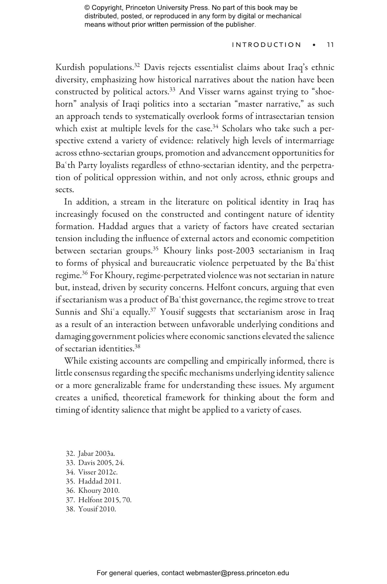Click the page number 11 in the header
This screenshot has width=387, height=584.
[x=330, y=45]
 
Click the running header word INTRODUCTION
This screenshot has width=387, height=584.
[x=267, y=45]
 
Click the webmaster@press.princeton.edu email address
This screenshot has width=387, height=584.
[x=237, y=573]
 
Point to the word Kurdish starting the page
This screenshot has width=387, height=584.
[x=70, y=68]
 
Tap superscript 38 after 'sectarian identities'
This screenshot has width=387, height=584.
[x=137, y=346]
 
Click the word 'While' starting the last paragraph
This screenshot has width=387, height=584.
[x=75, y=361]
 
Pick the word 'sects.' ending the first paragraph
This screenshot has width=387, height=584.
[x=65, y=190]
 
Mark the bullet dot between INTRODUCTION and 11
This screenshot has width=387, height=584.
[x=314, y=45]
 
